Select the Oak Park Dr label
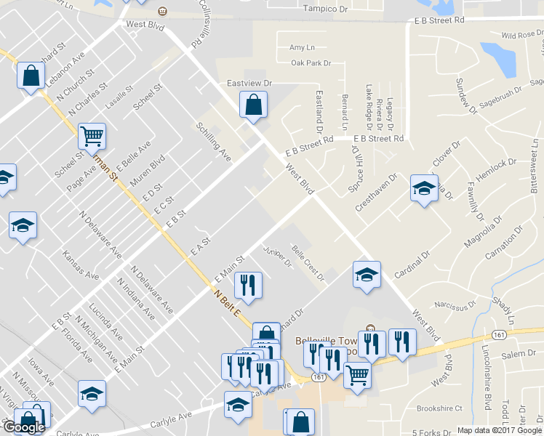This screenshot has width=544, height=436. pyautogui.click(x=311, y=63)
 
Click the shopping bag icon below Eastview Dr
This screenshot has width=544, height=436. pyautogui.click(x=252, y=106)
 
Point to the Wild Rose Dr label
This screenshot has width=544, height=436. pyautogui.click(x=517, y=34)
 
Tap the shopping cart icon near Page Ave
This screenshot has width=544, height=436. pyautogui.click(x=92, y=136)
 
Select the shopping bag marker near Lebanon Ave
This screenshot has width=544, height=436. pyautogui.click(x=31, y=76)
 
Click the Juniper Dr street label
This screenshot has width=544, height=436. pyautogui.click(x=277, y=257)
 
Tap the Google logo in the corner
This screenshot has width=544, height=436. pyautogui.click(x=25, y=427)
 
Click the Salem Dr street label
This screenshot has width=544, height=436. pyautogui.click(x=518, y=353)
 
